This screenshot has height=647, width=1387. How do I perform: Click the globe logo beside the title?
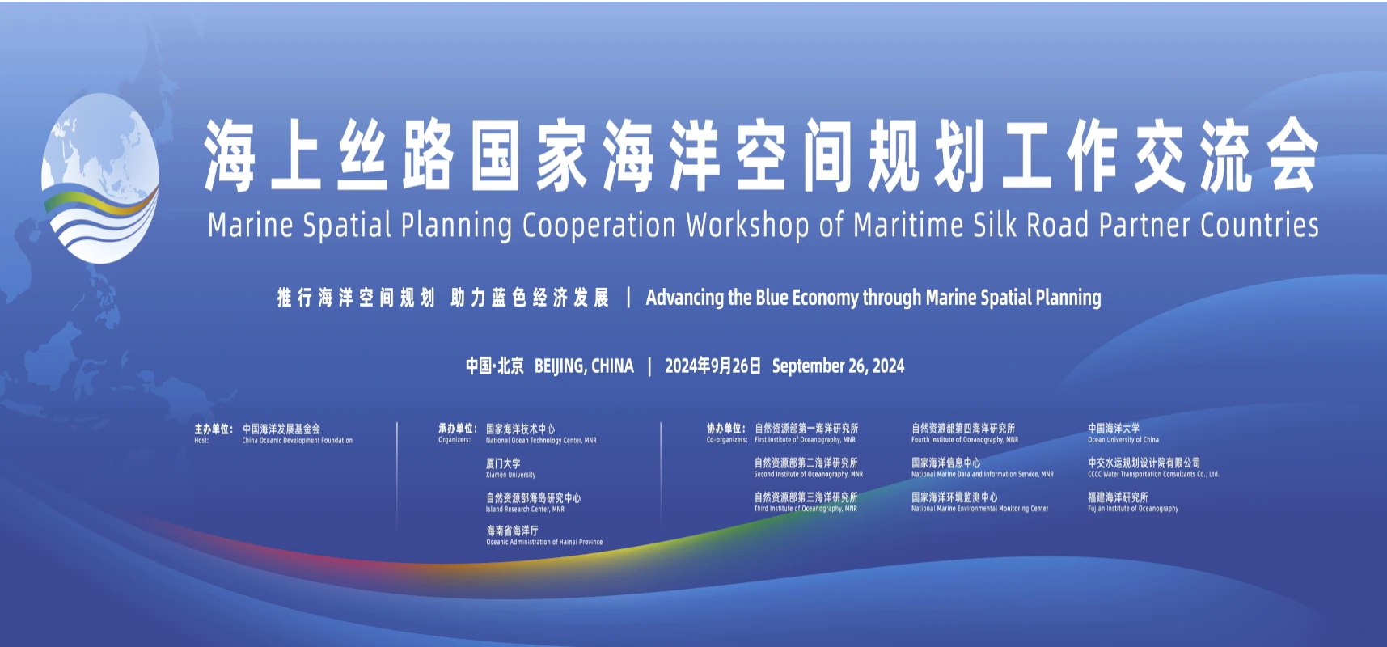coord(100,178)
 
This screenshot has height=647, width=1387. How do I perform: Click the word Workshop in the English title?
coord(747,225)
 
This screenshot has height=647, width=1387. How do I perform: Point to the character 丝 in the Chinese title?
coord(362,155)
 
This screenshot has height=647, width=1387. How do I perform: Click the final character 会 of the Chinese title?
coord(1292,155)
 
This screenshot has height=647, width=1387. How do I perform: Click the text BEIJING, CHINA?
coord(584,366)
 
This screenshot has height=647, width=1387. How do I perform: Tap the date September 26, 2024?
coord(838,366)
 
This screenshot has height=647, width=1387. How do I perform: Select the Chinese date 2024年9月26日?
coord(713,366)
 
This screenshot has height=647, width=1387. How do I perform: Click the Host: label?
coord(201,441)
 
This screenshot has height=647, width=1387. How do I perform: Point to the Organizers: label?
coord(455,440)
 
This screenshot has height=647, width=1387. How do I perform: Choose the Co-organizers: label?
coord(727,440)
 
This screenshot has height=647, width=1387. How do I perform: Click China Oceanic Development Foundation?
coord(298,441)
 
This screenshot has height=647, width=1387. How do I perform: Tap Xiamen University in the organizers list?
coord(510,475)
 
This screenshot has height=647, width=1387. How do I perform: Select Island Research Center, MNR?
coord(525,510)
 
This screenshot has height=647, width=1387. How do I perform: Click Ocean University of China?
coord(1123,440)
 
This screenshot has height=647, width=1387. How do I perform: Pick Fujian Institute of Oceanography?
coord(1133,509)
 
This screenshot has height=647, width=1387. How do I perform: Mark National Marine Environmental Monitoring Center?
coord(979,509)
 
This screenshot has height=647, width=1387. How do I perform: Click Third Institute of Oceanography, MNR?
coord(806,509)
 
